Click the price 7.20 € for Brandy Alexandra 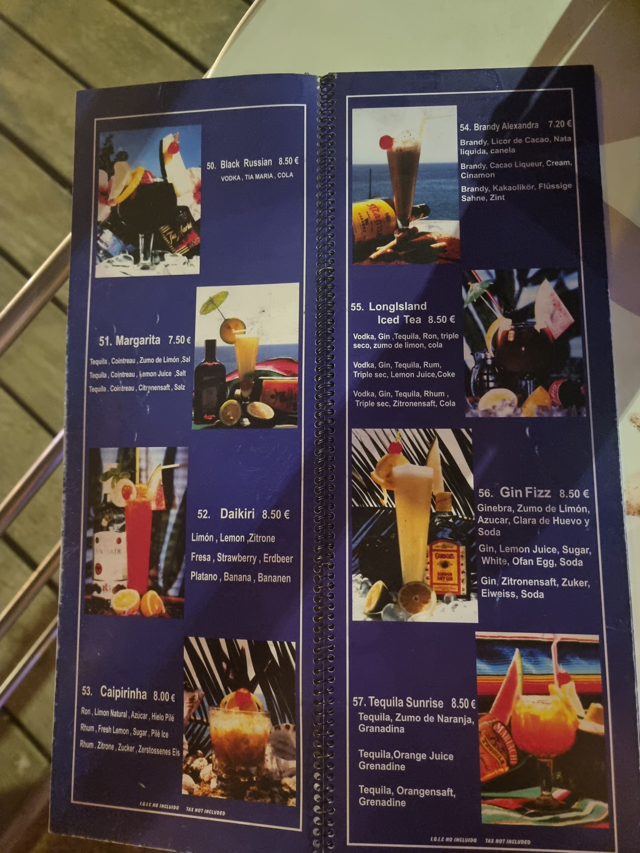[x=560, y=124]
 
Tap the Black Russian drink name [x=246, y=164]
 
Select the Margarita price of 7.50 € [x=179, y=340]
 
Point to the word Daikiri [x=237, y=514]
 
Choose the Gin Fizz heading [x=525, y=492]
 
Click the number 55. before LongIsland [x=357, y=307]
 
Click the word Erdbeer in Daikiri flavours [x=278, y=558]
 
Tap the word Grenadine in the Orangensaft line [x=382, y=802]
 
